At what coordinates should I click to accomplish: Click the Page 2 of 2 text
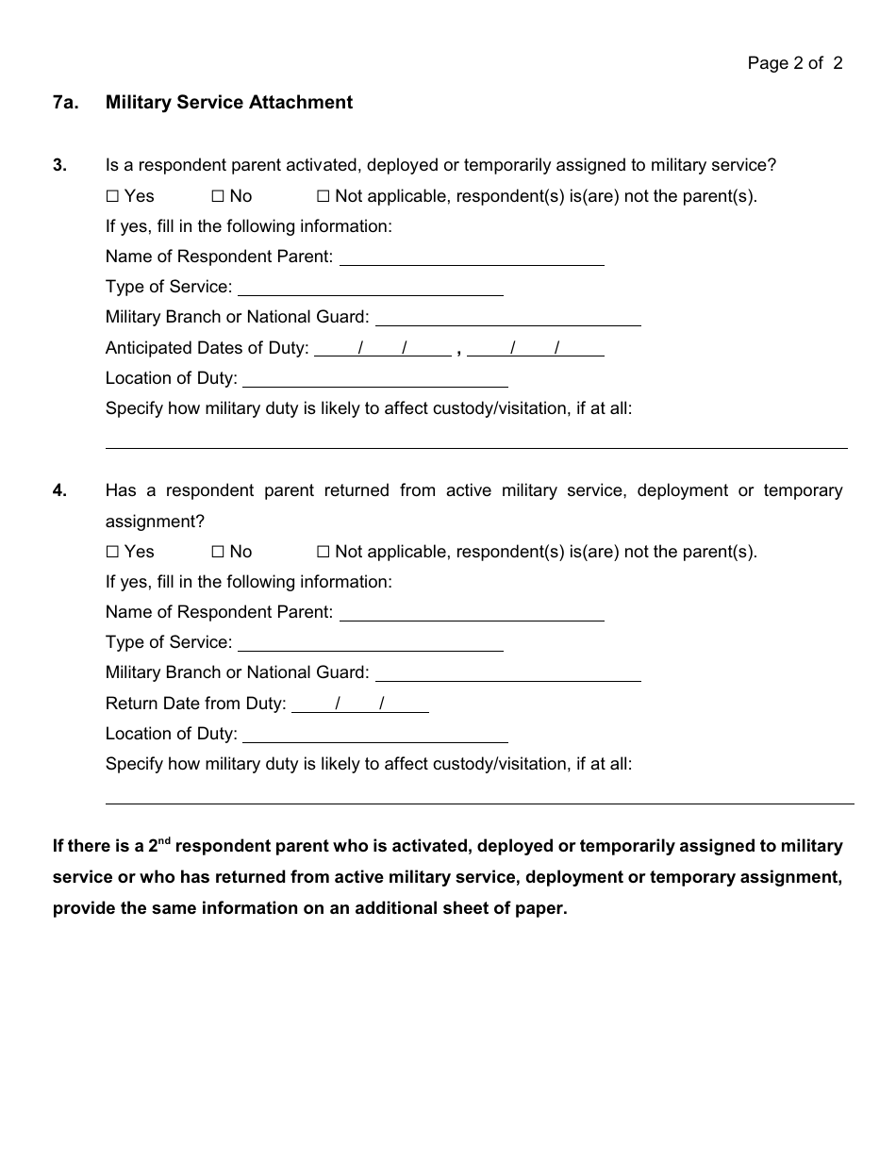[x=794, y=63]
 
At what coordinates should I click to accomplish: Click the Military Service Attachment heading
[x=229, y=102]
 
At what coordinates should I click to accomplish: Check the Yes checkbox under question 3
[x=112, y=196]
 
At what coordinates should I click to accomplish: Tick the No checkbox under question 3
[x=217, y=196]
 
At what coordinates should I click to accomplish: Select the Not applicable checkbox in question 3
[x=323, y=196]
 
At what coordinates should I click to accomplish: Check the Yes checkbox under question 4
[x=112, y=552]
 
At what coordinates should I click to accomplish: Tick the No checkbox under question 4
[x=217, y=552]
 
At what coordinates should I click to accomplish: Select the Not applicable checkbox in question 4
[x=323, y=552]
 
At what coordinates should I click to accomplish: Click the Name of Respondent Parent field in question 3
[x=472, y=257]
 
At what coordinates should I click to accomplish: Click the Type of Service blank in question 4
[x=371, y=643]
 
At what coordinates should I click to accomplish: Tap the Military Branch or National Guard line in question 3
[x=507, y=318]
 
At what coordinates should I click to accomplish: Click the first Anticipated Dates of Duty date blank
[x=382, y=348]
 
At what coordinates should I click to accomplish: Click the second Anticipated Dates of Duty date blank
[x=535, y=348]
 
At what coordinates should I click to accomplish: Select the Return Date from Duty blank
[x=360, y=704]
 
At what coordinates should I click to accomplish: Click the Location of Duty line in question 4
[x=374, y=735]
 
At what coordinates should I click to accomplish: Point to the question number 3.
[x=59, y=166]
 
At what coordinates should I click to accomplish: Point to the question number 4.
[x=59, y=491]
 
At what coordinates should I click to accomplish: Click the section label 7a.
[x=64, y=102]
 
